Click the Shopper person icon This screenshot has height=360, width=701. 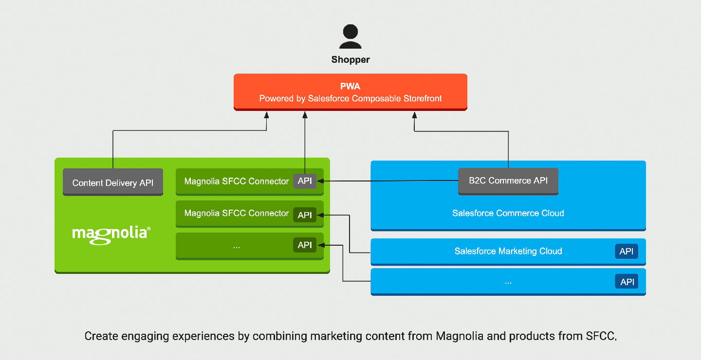tap(350, 37)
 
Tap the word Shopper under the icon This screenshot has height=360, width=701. tap(350, 60)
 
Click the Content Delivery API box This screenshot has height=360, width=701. tap(113, 183)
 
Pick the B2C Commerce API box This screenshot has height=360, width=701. tap(508, 180)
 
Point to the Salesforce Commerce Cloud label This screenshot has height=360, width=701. tap(508, 213)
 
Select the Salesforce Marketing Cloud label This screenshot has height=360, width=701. tap(508, 251)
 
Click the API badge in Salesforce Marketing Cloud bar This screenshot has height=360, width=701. tap(627, 251)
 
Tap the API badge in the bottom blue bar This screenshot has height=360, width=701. tap(627, 282)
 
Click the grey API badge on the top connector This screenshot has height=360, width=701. tap(305, 181)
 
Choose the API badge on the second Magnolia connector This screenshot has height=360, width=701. tap(305, 215)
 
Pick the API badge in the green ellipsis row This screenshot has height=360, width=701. tap(305, 245)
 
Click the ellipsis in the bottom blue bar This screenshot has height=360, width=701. tap(508, 282)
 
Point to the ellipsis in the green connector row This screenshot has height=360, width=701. tap(237, 246)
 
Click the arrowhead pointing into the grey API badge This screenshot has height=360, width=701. tap(320, 181)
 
